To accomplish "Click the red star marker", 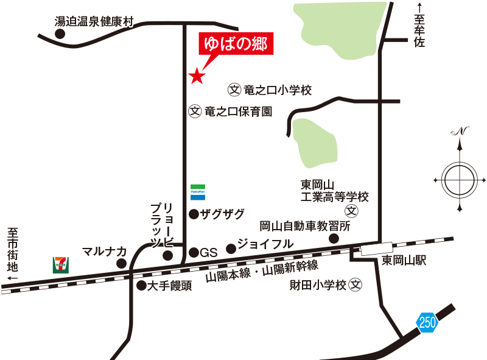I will tap(196, 76).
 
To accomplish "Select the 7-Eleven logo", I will tap(61, 264).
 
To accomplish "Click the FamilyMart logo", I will tap(198, 190).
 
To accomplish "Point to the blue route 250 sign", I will tap(427, 322).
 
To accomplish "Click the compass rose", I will tap(460, 180).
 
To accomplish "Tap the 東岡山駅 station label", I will tap(404, 261).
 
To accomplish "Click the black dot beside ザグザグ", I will tap(194, 214).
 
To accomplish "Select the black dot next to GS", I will tap(194, 252).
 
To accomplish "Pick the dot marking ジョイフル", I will tap(231, 249).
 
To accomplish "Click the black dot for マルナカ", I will tap(122, 264).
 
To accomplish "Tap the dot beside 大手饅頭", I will tap(141, 284).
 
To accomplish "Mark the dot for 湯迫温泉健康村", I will tap(60, 34).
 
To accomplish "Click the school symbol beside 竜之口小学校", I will tap(234, 90).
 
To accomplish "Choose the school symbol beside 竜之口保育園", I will tap(195, 111).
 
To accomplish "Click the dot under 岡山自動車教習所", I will tap(333, 239).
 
